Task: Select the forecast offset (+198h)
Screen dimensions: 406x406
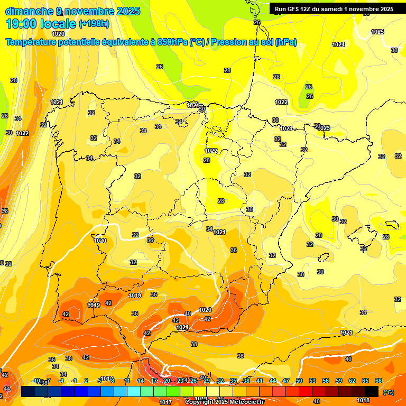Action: (94, 24)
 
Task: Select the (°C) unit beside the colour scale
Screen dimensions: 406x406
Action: (389, 392)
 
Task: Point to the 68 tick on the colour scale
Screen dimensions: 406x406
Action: (379, 381)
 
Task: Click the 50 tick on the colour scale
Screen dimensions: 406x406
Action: (299, 381)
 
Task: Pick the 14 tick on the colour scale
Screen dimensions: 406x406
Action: (141, 381)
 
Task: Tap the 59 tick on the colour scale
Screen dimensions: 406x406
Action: (339, 381)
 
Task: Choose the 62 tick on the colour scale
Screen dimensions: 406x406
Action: (352, 381)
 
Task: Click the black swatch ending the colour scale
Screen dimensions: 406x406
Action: (372, 392)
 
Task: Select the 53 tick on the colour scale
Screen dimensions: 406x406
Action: (312, 381)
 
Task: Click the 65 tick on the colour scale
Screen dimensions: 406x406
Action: (365, 381)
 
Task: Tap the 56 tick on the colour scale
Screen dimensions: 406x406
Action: (326, 381)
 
